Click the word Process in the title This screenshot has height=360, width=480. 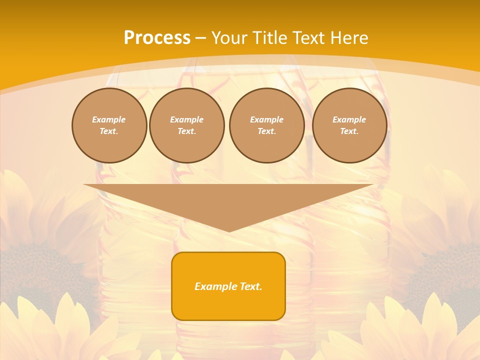pyautogui.click(x=157, y=38)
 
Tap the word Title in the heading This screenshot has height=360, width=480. pyautogui.click(x=269, y=38)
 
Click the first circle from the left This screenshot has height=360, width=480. pyautogui.click(x=109, y=125)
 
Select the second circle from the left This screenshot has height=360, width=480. pyautogui.click(x=186, y=125)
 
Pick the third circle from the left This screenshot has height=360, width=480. pyautogui.click(x=266, y=125)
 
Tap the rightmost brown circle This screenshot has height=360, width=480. pyautogui.click(x=349, y=125)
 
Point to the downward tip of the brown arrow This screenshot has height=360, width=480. pyautogui.click(x=229, y=230)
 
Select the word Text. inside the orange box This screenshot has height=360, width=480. pyautogui.click(x=250, y=286)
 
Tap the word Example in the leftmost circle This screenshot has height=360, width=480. pyautogui.click(x=109, y=119)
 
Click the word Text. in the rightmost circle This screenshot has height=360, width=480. pyautogui.click(x=349, y=131)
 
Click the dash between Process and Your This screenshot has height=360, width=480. pyautogui.click(x=200, y=38)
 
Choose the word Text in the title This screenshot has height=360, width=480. pyautogui.click(x=308, y=38)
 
